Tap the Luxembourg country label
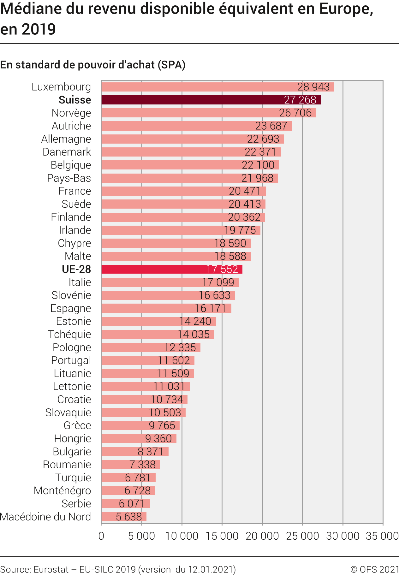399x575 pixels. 61,87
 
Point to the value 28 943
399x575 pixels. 313,87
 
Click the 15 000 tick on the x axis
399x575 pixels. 222,536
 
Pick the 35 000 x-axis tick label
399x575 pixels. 382,536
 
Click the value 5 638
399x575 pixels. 129,517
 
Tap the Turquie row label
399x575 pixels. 73,477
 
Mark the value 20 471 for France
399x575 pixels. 245,191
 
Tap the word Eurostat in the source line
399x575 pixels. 51,569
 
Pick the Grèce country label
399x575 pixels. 77,425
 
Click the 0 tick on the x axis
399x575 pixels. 101,536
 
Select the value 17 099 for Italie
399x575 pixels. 218,282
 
